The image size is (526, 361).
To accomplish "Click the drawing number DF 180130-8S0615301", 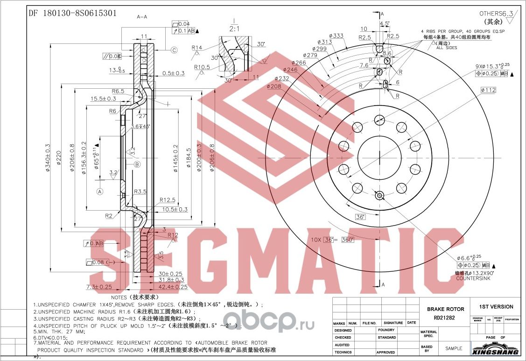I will [73, 14].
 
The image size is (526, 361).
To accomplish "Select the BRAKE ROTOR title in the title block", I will [445, 309].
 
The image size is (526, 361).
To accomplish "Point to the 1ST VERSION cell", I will [496, 307].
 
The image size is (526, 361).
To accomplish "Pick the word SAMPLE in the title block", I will [453, 348].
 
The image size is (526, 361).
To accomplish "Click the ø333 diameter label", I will [336, 36].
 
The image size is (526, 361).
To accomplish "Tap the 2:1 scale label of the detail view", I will [235, 28].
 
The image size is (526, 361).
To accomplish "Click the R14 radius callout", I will [196, 48].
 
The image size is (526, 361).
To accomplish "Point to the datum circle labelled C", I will [173, 50].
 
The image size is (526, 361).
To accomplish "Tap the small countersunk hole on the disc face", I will [379, 195].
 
